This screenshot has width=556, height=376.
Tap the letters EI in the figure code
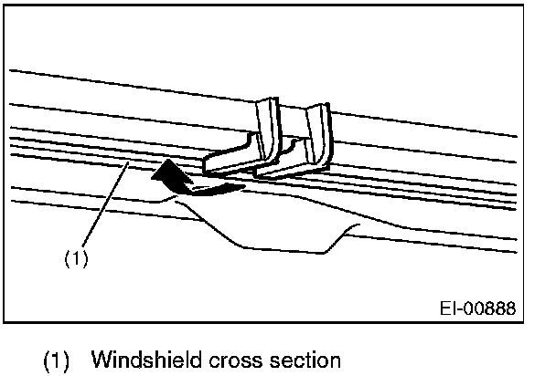[448, 308]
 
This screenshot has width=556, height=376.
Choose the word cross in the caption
[223, 359]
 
